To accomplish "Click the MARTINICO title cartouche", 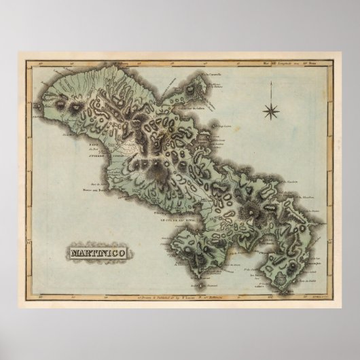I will tap(100, 254).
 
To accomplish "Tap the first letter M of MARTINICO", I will tap(73, 254).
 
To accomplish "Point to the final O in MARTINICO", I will tap(127, 254).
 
